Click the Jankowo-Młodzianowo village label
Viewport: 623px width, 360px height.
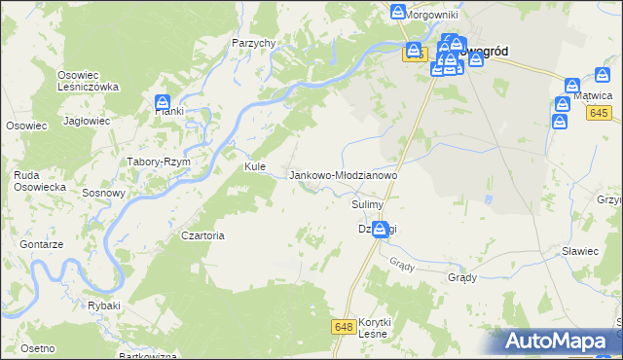344,175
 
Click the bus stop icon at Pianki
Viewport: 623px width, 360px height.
163,102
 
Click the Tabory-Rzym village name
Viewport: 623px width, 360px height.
158,162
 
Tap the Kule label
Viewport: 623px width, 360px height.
255,167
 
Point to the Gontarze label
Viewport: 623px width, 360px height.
45,245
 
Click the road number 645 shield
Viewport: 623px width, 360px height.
599,115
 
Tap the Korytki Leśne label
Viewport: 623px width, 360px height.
374,328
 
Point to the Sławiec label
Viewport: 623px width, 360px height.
579,251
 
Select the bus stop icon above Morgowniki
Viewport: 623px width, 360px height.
398,12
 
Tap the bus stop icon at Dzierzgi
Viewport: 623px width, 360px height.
380,229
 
